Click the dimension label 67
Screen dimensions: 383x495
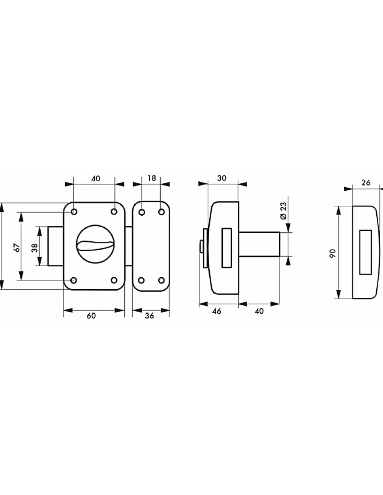(x=17, y=247)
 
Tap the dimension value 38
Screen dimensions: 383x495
(x=35, y=248)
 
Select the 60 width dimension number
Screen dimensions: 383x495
(x=91, y=316)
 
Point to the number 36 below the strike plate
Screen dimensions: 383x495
(x=149, y=316)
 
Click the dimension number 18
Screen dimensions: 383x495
(x=152, y=178)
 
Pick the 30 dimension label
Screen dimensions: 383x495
(x=222, y=178)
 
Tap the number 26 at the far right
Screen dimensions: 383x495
(x=366, y=183)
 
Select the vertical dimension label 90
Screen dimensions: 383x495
(x=333, y=253)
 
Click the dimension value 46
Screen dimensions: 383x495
(x=217, y=311)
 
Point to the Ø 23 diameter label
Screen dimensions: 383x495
(x=284, y=211)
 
